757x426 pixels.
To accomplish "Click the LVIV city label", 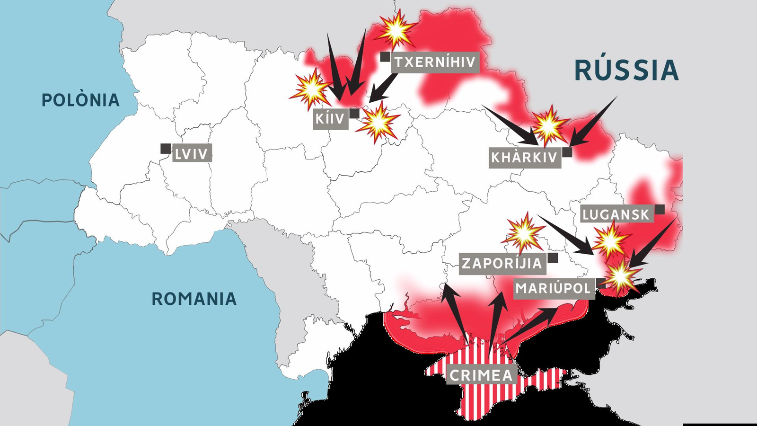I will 192,154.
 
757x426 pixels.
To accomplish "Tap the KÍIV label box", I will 331,118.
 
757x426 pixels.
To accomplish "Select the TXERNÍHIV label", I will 435,62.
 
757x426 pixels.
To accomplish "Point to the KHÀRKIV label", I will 525,158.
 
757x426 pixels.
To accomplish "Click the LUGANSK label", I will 616,214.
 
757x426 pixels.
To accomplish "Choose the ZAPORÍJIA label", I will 502,263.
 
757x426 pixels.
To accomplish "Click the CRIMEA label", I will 481,375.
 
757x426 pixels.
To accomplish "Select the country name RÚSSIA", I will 626,70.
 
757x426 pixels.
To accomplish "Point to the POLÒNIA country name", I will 80,100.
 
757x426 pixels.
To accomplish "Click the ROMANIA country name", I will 194,299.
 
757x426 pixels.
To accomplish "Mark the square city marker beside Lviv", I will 165,149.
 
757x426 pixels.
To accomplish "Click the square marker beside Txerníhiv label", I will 385,57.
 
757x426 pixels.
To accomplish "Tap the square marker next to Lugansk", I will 660,209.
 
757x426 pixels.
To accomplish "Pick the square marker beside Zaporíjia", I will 553,258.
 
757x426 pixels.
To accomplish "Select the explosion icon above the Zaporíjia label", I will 523,232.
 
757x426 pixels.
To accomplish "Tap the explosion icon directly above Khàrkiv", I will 549,126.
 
